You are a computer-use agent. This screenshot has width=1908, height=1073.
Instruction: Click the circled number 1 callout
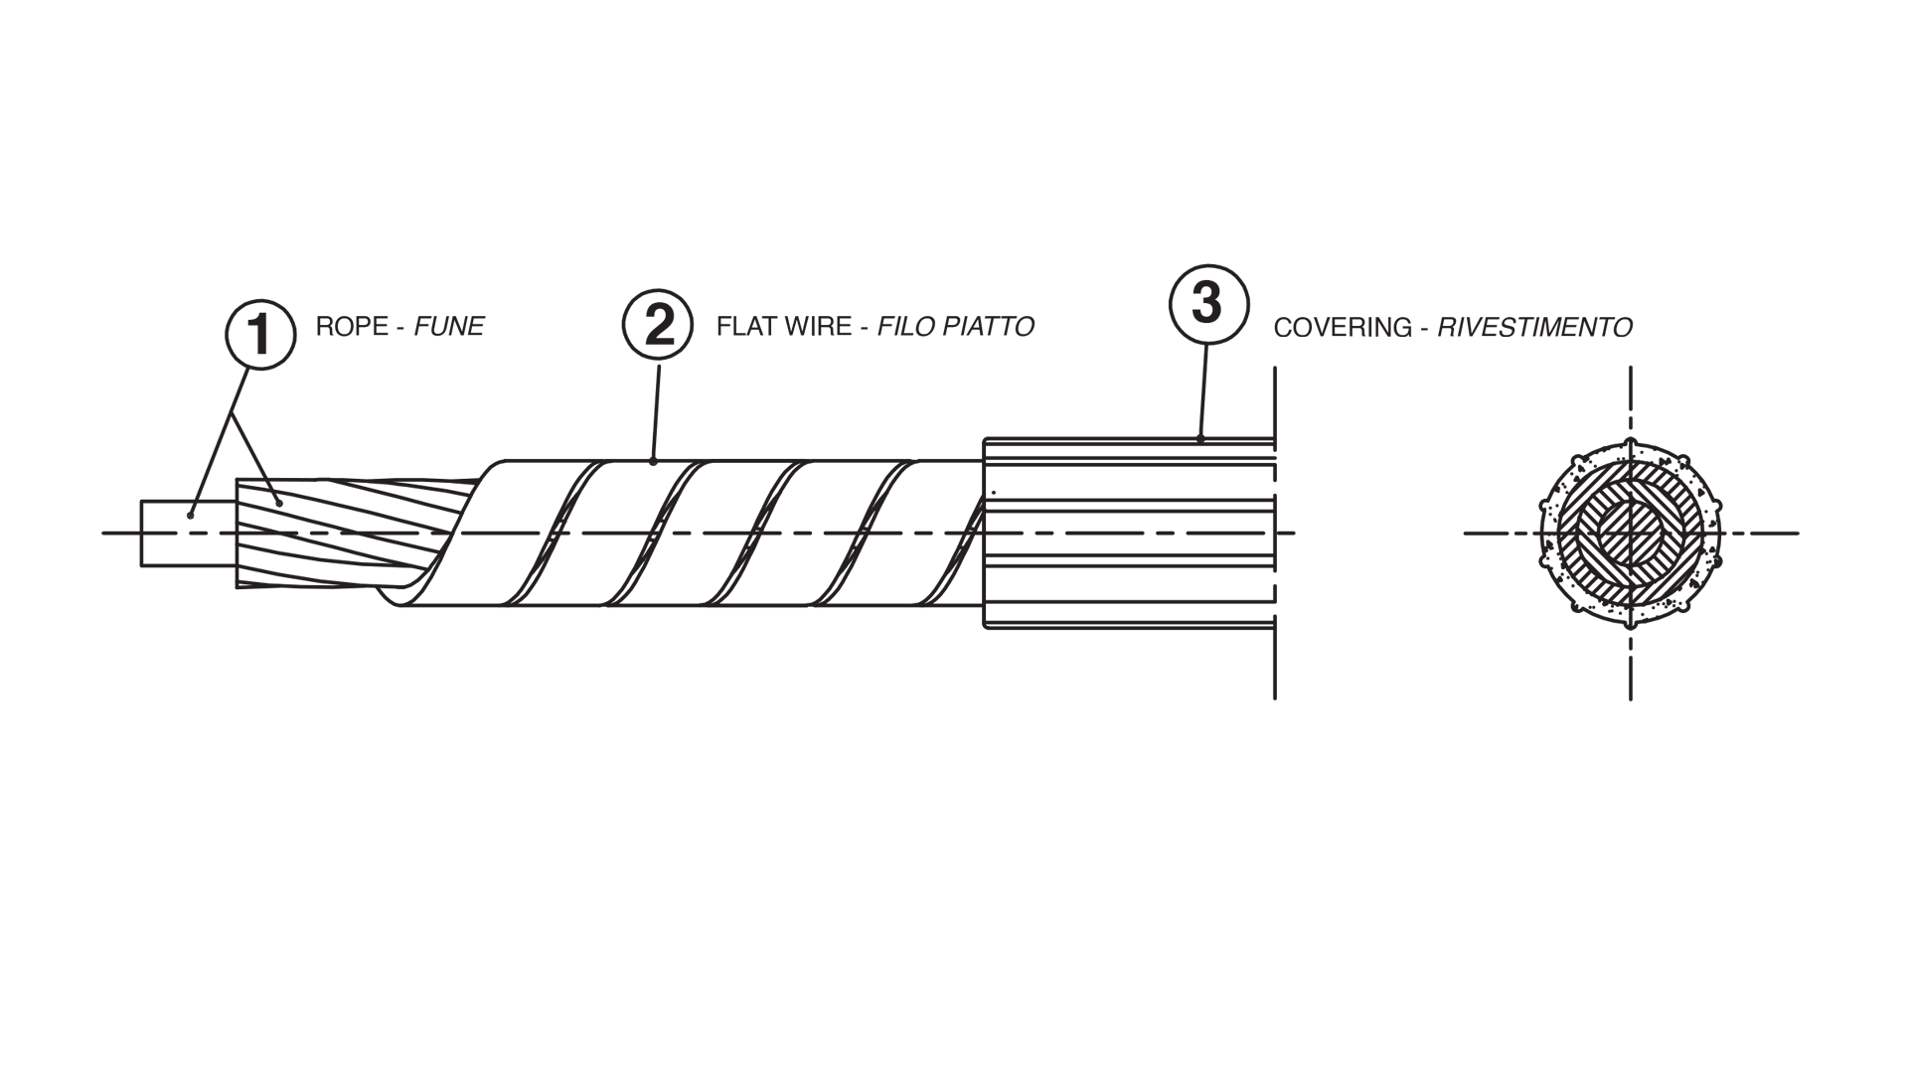[x=260, y=335]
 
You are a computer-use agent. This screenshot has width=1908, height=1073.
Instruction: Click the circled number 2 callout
[x=658, y=325]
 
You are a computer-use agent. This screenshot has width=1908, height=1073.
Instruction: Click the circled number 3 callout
[x=1206, y=303]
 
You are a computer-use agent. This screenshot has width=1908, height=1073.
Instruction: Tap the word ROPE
[x=352, y=327]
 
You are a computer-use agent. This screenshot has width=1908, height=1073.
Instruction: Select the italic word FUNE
[x=449, y=327]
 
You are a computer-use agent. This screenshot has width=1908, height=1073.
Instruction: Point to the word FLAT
[x=746, y=327]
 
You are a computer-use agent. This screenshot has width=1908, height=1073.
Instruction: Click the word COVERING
[x=1343, y=328]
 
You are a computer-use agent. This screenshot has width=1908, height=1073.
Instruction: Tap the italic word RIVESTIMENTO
[x=1534, y=328]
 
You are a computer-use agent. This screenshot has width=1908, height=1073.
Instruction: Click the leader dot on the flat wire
[x=653, y=461]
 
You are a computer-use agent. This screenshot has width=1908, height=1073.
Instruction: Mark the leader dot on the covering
[x=1200, y=438]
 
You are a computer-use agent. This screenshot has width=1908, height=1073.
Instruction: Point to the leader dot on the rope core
[x=191, y=515]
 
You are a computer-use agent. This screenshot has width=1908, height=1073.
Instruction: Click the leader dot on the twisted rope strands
[x=281, y=504]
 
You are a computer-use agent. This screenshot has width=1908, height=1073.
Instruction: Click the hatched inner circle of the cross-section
[x=1630, y=534]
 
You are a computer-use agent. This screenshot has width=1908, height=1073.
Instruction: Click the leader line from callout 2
[x=656, y=407]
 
